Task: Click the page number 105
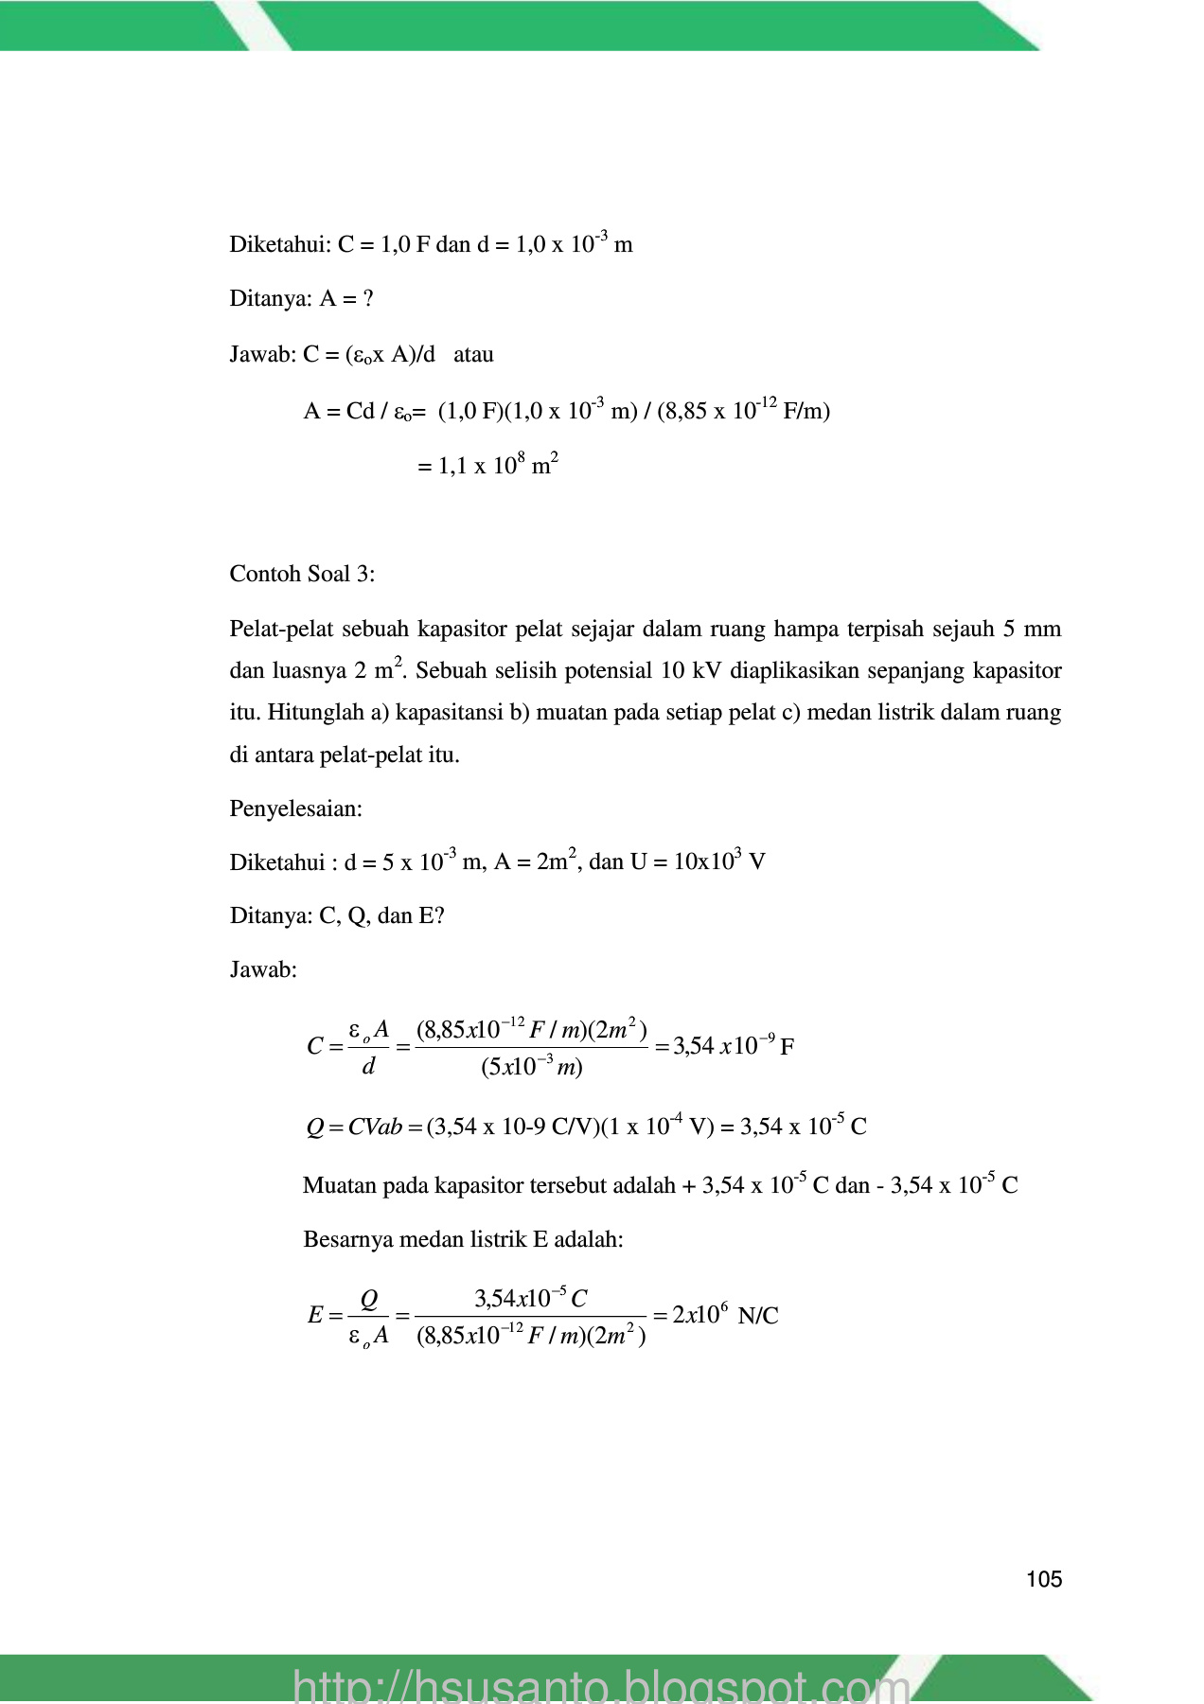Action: pyautogui.click(x=1044, y=1579)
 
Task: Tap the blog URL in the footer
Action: pyautogui.click(x=602, y=1684)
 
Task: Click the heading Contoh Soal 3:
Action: pyautogui.click(x=302, y=574)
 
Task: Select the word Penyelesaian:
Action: pyautogui.click(x=296, y=808)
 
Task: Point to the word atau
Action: pyautogui.click(x=473, y=355)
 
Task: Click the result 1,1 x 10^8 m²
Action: pyautogui.click(x=487, y=466)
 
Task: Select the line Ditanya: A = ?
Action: pyautogui.click(x=301, y=299)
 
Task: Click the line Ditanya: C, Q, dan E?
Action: pyautogui.click(x=337, y=915)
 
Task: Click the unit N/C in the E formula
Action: pyautogui.click(x=758, y=1316)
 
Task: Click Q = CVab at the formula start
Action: pyautogui.click(x=354, y=1127)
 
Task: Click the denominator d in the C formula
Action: pyautogui.click(x=369, y=1067)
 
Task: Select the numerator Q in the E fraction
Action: pyautogui.click(x=369, y=1299)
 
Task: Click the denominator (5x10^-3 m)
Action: pyautogui.click(x=531, y=1068)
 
